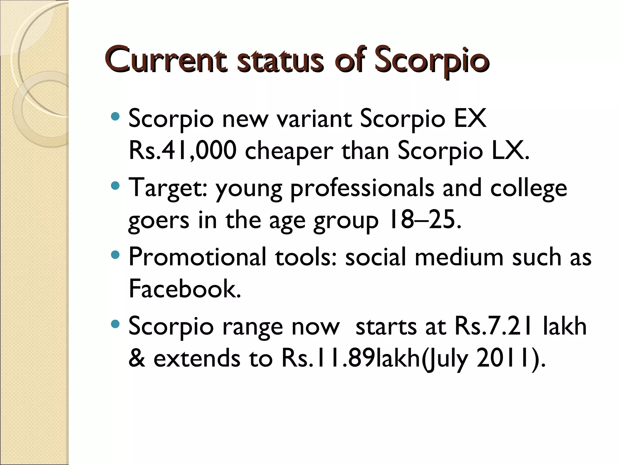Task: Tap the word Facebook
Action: tap(185, 289)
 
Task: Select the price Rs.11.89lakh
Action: tap(351, 358)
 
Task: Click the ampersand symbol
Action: tap(137, 358)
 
